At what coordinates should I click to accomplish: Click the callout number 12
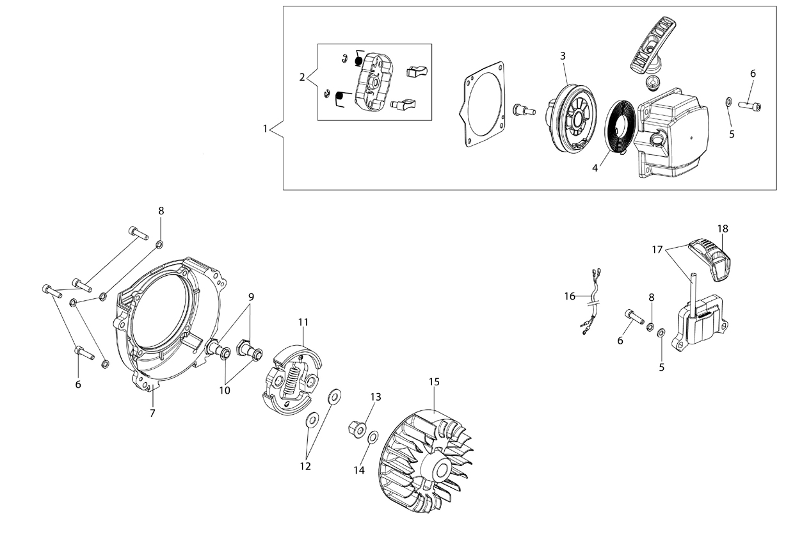305,466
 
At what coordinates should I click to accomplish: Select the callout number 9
251,297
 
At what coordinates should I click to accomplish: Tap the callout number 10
225,390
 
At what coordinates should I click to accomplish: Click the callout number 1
265,129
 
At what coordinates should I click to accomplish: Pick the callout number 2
301,77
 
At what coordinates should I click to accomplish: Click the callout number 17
657,250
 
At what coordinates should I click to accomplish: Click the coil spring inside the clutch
291,380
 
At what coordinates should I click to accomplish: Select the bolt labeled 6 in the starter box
750,106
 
